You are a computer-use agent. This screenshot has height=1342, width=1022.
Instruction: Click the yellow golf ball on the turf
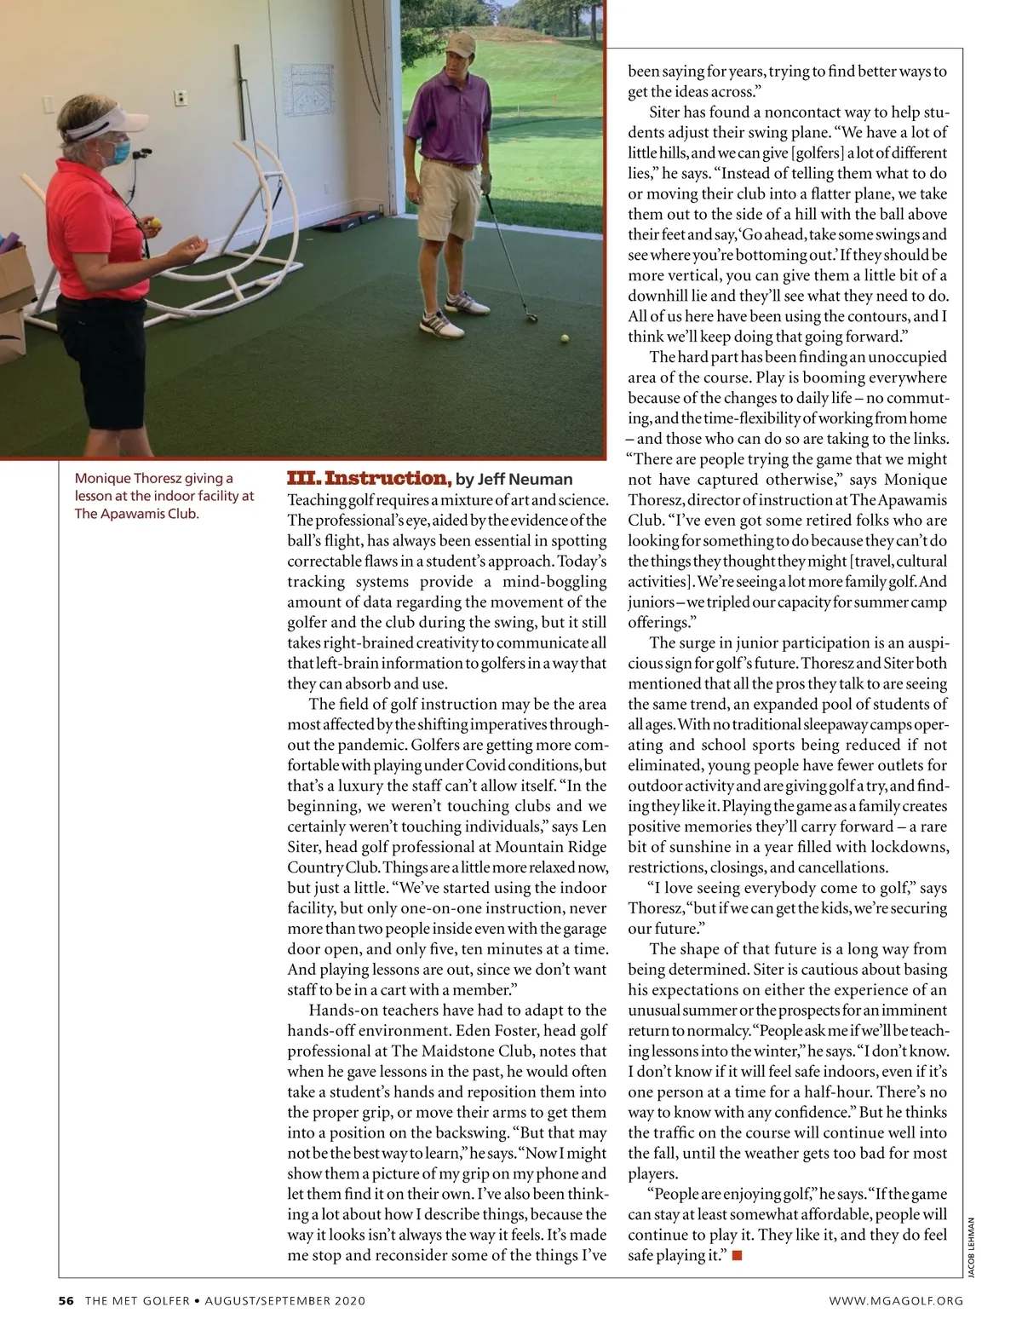(x=540, y=338)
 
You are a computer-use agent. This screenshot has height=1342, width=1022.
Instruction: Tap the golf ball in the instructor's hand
(x=156, y=223)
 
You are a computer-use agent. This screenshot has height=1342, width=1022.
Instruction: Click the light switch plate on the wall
(x=181, y=98)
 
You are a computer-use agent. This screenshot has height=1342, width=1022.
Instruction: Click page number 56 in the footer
(x=66, y=1300)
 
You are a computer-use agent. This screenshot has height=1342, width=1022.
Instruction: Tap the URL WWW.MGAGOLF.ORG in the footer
(x=896, y=1300)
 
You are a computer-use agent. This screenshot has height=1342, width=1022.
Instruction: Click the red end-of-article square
(x=736, y=1255)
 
